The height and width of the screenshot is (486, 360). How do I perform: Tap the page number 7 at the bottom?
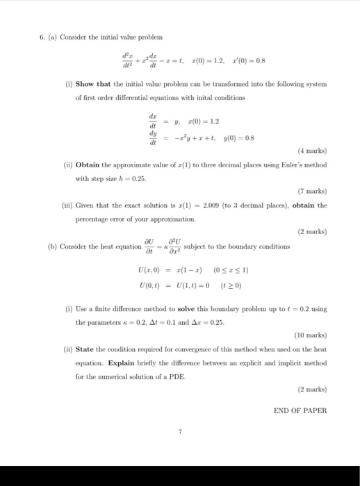180,432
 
